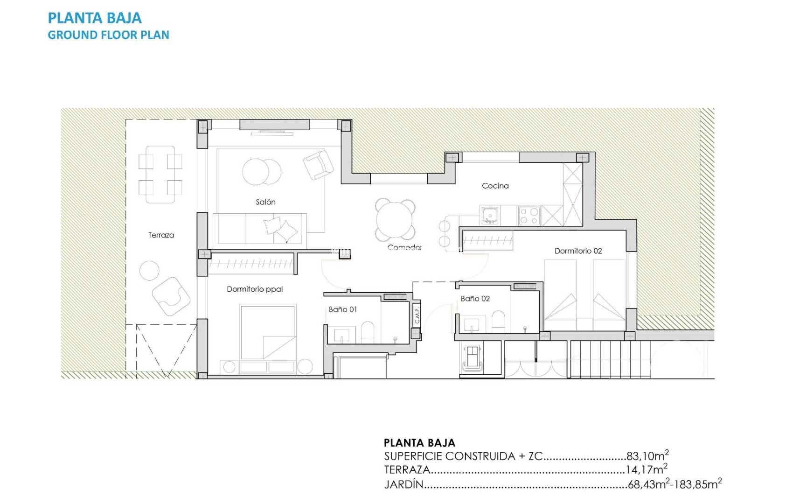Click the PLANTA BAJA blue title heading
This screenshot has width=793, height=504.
[95, 18]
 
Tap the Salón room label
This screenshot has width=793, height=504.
[265, 202]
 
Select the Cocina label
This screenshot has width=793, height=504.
[495, 186]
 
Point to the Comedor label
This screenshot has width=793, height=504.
[404, 247]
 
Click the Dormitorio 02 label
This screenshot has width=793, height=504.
[578, 251]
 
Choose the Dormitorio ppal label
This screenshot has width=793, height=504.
[255, 289]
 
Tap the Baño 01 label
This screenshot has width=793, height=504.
[342, 309]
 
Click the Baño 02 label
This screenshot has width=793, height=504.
[475, 299]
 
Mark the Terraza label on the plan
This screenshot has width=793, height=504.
[161, 235]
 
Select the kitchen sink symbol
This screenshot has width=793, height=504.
[489, 216]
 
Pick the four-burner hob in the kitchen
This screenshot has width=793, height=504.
[529, 216]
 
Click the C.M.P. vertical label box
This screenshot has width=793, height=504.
[417, 315]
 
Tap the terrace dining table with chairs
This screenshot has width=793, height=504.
[160, 175]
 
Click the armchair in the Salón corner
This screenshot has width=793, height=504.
[318, 164]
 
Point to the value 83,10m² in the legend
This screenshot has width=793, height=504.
[647, 455]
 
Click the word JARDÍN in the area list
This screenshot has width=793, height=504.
[403, 484]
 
